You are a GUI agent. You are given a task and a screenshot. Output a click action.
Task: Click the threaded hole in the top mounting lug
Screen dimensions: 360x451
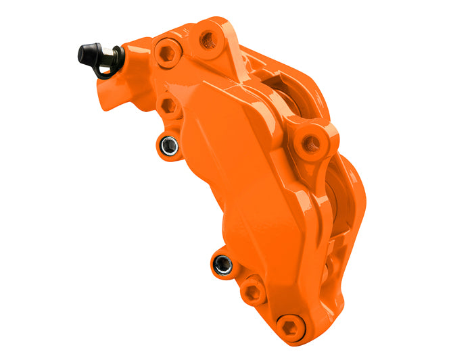(207, 38)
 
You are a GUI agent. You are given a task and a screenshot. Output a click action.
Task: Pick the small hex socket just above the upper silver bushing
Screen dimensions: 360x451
(168, 107)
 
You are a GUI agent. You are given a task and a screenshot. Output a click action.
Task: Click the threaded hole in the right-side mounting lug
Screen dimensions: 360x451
(311, 143)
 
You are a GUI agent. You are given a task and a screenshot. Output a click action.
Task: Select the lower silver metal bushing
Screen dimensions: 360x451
(222, 265)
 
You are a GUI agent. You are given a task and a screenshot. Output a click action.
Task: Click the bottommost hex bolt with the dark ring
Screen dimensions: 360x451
(290, 326)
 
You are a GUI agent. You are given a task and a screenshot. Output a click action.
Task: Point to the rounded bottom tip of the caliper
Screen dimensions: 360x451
(298, 334)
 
